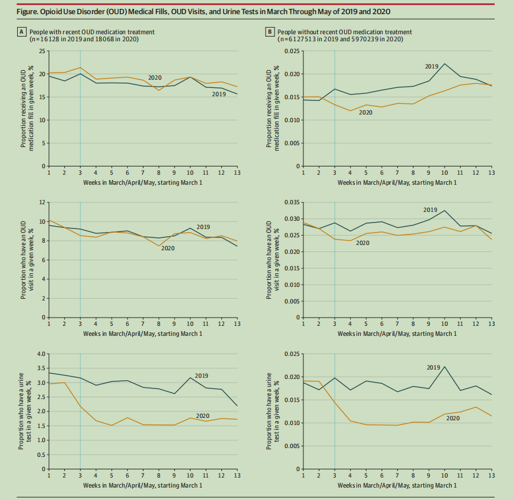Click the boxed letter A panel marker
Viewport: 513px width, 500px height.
(x=22, y=32)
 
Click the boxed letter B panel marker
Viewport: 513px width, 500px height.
(x=270, y=32)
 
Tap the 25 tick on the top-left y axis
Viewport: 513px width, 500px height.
(x=41, y=51)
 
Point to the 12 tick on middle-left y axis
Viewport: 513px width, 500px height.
(x=41, y=202)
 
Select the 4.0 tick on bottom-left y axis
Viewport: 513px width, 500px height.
(x=40, y=354)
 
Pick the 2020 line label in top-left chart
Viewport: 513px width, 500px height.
(x=155, y=78)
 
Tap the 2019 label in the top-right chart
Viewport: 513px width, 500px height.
(x=432, y=66)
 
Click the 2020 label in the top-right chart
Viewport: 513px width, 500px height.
(x=367, y=112)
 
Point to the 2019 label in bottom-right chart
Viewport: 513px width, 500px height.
(x=434, y=367)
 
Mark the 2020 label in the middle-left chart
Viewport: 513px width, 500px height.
(x=168, y=249)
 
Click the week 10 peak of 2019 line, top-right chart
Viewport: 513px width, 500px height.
(x=445, y=64)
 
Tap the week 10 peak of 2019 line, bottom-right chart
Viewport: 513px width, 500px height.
(x=445, y=367)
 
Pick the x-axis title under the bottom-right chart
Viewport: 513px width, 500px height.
(x=397, y=485)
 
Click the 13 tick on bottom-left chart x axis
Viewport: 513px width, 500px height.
(x=237, y=475)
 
